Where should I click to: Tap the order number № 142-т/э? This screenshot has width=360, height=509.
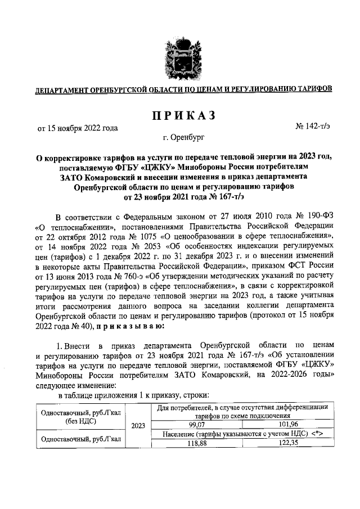pos(314,128)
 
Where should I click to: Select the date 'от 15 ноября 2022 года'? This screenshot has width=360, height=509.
pos(78,128)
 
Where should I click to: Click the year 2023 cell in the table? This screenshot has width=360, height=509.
pos(138,426)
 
